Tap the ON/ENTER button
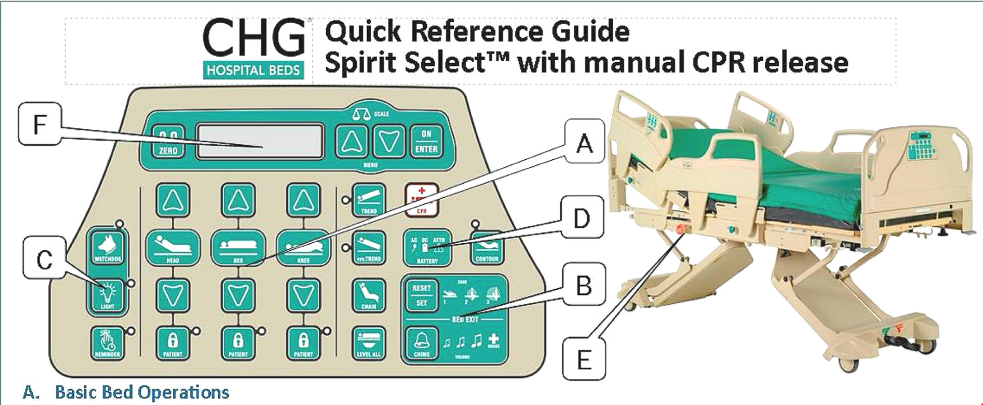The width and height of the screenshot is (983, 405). (426, 141)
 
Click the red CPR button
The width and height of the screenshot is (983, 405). (421, 200)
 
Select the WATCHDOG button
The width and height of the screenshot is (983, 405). (108, 248)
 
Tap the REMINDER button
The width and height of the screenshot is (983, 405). (108, 343)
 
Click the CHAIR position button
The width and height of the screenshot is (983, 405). (369, 296)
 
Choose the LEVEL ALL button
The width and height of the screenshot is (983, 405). (369, 343)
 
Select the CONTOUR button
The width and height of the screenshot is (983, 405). (487, 248)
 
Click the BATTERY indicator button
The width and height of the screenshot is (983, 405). (427, 248)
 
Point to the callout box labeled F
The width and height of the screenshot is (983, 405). (39, 124)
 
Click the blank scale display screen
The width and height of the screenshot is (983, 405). (260, 141)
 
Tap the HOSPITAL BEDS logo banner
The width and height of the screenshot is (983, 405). (254, 70)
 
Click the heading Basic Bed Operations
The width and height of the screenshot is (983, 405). (141, 392)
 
